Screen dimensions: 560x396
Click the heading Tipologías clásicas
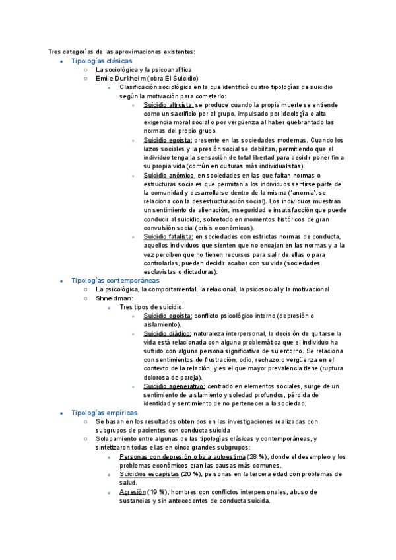tap(102, 61)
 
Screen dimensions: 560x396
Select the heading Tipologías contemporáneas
tap(111, 281)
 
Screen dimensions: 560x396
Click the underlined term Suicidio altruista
tap(168, 105)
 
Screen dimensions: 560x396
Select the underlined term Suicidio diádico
tap(167, 333)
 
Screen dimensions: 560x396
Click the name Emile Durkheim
tap(120, 78)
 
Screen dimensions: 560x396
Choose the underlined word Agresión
tap(132, 492)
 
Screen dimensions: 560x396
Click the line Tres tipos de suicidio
tap(152, 307)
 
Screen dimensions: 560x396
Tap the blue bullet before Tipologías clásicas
tap(60, 61)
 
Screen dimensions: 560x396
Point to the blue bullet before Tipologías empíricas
tap(60, 413)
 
